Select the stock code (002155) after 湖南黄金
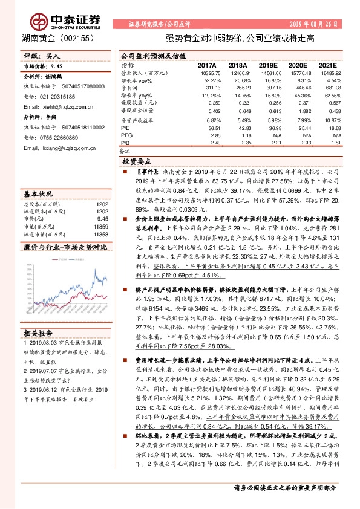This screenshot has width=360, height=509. tap(74, 38)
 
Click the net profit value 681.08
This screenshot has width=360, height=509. tap(333, 88)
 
